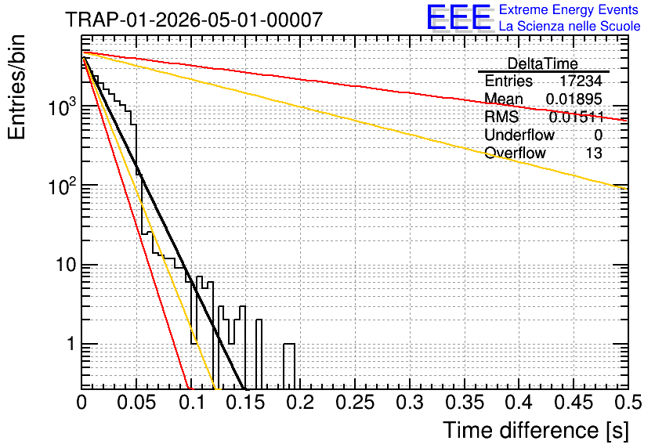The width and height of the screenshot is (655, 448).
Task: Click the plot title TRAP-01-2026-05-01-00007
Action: pyautogui.click(x=194, y=20)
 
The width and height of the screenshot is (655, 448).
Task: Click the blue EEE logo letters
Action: pyautogui.click(x=459, y=17)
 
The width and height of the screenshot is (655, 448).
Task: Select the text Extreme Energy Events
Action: pyautogui.click(x=569, y=9)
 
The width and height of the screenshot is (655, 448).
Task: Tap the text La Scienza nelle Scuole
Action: pyautogui.click(x=570, y=27)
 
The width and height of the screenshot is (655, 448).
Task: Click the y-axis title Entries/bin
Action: pyautogui.click(x=16, y=87)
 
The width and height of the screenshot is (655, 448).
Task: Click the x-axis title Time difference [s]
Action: pyautogui.click(x=536, y=430)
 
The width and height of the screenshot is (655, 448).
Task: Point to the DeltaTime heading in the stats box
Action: pyautogui.click(x=543, y=63)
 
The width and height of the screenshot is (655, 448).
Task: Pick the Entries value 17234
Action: pyautogui.click(x=581, y=81)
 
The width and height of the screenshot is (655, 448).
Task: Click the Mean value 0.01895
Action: pyautogui.click(x=574, y=99)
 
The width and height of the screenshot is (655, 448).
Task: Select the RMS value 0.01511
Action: pyautogui.click(x=576, y=117)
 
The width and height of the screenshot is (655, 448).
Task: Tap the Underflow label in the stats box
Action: pyautogui.click(x=519, y=135)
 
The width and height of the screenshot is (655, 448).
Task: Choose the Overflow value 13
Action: pyautogui.click(x=594, y=154)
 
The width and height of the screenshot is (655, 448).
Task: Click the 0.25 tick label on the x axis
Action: pyautogui.click(x=355, y=403)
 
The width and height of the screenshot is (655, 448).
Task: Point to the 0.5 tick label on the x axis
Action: pyautogui.click(x=628, y=403)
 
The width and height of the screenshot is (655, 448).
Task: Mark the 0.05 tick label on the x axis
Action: pyautogui.click(x=136, y=403)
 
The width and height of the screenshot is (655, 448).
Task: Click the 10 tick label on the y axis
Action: pyautogui.click(x=67, y=265)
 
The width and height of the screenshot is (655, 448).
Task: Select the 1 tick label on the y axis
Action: pyautogui.click(x=71, y=344)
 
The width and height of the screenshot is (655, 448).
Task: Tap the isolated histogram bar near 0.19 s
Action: pyautogui.click(x=289, y=367)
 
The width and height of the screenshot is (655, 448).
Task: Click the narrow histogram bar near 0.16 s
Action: pyautogui.click(x=259, y=355)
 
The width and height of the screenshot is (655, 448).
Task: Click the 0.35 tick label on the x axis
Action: pyautogui.click(x=465, y=403)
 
